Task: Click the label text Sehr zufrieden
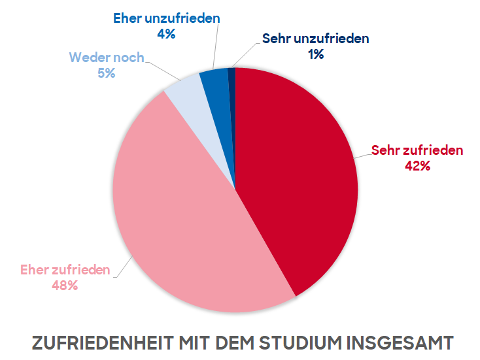click(417, 150)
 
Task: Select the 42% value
click(417, 166)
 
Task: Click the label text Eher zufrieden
click(65, 269)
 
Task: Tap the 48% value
click(65, 286)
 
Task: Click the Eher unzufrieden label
click(166, 18)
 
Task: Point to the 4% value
click(166, 34)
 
